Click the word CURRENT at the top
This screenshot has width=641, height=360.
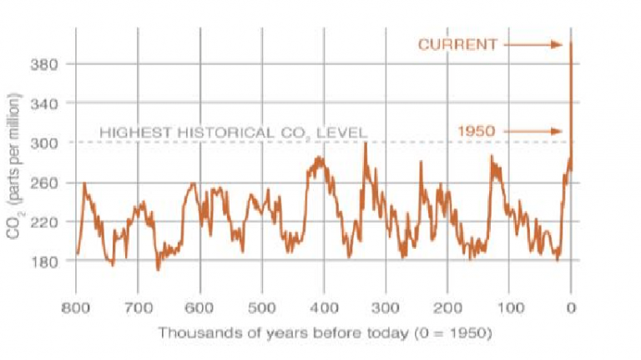[457, 44]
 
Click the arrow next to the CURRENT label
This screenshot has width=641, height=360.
[533, 44]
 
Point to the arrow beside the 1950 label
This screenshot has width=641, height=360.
[533, 131]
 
